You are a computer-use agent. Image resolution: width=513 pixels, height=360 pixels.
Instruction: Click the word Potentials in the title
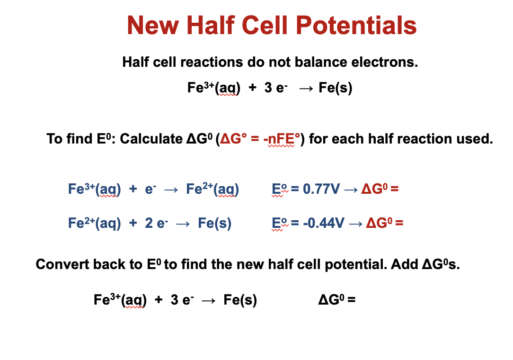358,26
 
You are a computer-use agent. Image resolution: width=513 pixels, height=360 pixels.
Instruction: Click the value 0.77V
321,189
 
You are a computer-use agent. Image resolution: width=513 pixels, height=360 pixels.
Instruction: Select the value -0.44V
323,223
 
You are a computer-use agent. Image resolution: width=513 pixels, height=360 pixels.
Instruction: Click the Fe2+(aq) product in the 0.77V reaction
212,189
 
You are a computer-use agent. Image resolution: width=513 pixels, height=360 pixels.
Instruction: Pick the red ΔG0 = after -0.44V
385,223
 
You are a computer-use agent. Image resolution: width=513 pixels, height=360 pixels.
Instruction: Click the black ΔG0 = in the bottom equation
337,300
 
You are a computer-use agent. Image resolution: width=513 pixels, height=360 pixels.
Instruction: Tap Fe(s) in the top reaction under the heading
336,88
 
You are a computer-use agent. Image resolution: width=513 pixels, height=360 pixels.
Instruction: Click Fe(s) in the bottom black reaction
240,300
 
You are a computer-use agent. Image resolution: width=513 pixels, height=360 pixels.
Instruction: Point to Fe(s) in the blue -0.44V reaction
214,223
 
